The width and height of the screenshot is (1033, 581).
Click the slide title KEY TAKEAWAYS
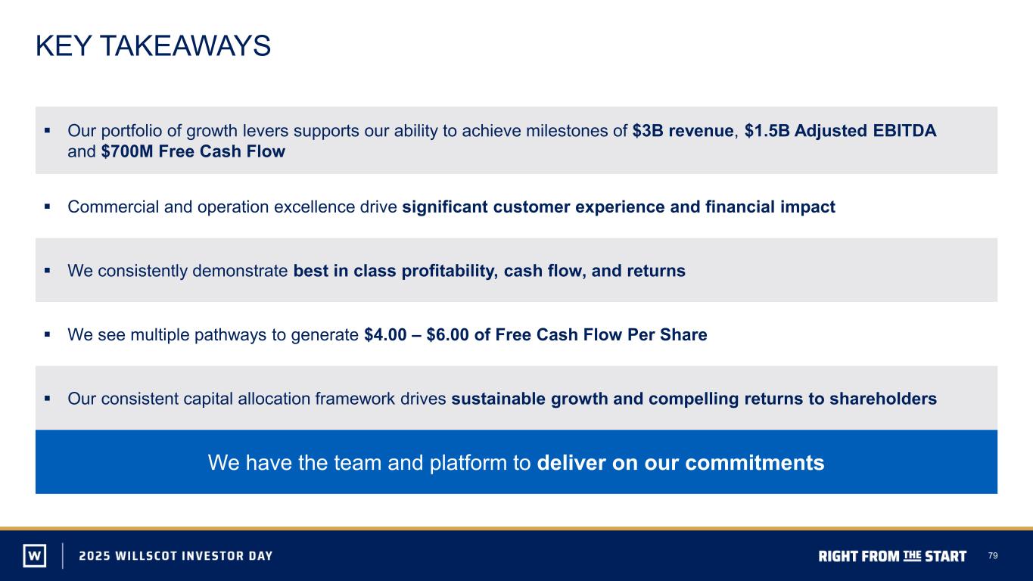coord(153,45)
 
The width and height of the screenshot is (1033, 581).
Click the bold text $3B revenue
coord(683,131)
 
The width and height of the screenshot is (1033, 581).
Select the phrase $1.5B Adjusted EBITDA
coord(840,131)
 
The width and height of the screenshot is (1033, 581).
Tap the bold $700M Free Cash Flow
coord(193,151)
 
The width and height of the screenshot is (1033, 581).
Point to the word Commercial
coord(113,207)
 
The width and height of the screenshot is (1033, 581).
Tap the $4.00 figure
coord(385,334)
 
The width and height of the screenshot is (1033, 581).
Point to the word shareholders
coord(883,399)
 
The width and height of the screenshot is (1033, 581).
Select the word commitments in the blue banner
coord(755,462)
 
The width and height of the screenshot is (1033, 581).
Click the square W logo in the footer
coord(35,555)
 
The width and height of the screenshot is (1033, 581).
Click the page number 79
coord(993,555)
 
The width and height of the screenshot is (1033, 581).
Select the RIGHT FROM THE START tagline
coord(892,556)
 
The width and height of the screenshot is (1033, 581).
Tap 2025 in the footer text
coord(94,555)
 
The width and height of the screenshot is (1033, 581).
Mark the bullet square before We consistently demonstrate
coord(47,270)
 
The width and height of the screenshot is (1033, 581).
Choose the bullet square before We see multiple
coord(47,334)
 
